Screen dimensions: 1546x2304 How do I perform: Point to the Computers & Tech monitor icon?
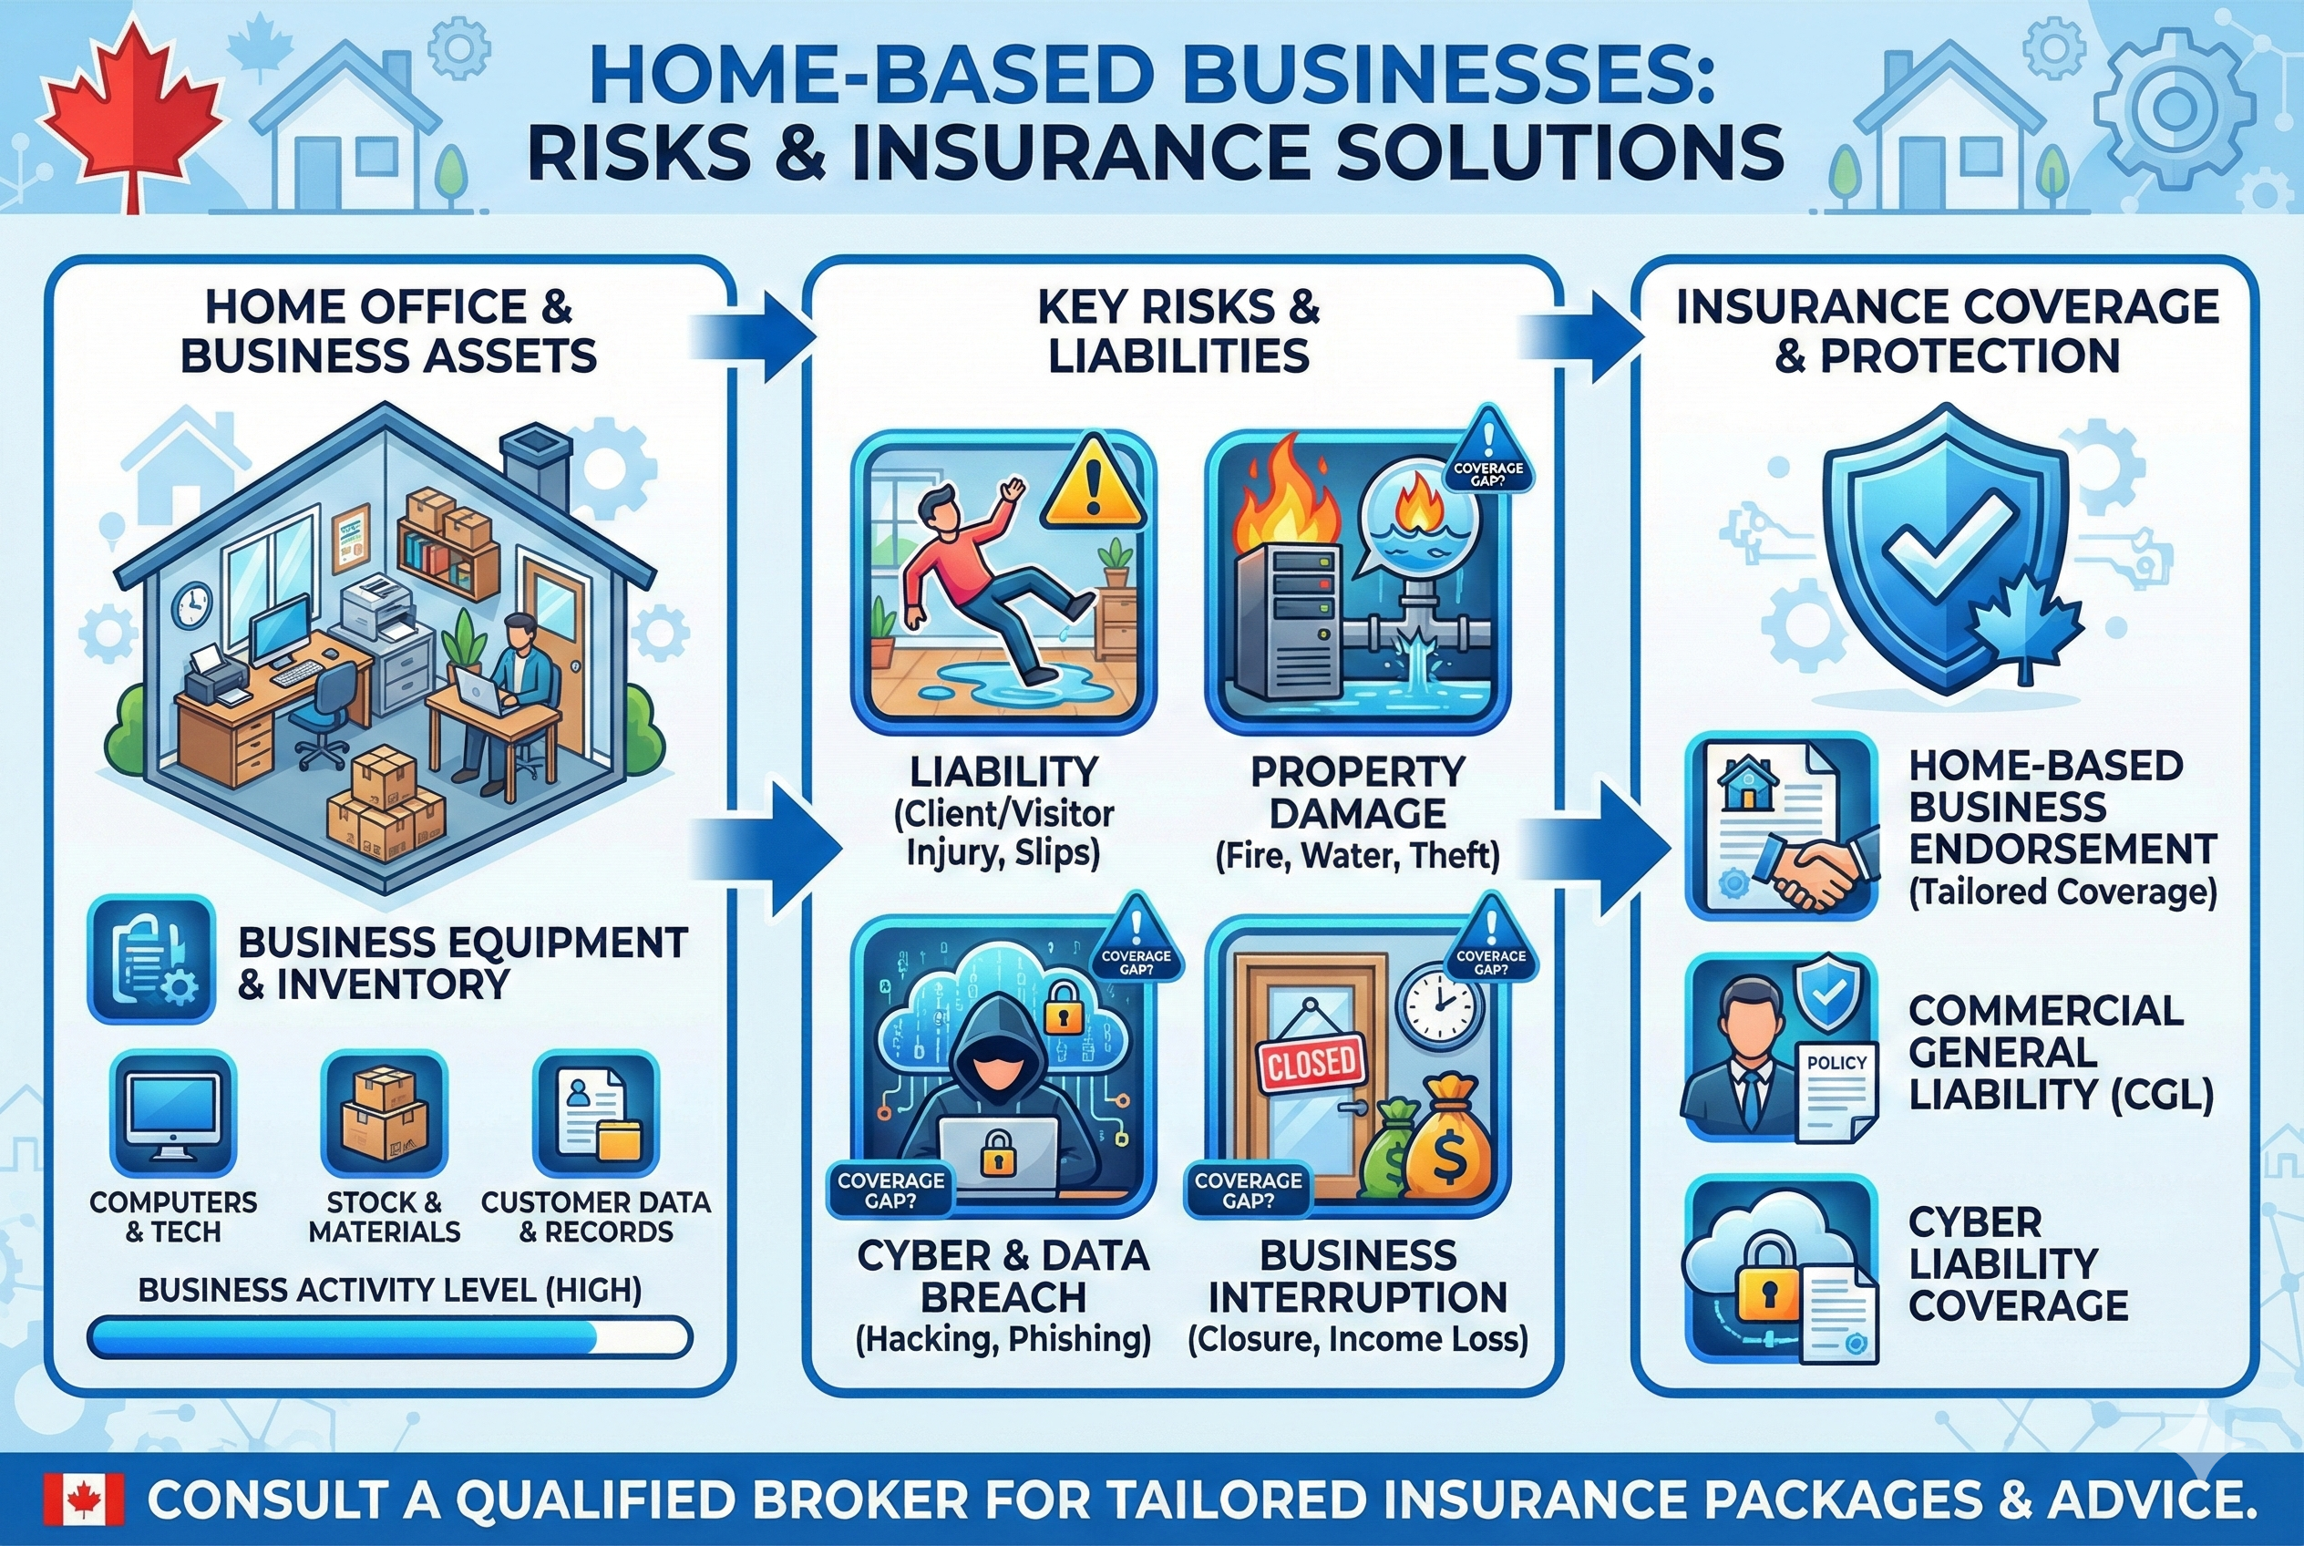click(x=173, y=1112)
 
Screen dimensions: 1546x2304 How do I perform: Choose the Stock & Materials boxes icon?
click(x=385, y=1112)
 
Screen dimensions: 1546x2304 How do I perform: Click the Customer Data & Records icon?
click(x=595, y=1112)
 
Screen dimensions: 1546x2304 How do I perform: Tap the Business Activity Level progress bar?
click(x=389, y=1338)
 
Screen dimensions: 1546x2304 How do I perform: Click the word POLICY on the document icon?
click(x=1836, y=1063)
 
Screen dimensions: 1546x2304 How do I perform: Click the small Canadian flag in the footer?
click(x=85, y=1500)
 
